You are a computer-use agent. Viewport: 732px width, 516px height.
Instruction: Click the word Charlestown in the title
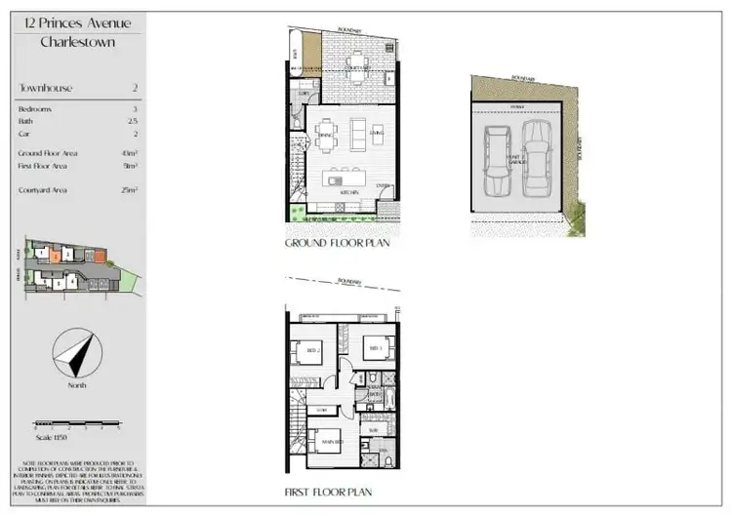click(78, 42)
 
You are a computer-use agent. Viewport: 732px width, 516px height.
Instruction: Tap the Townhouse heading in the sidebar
click(46, 88)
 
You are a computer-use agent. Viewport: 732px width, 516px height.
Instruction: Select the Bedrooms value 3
click(135, 109)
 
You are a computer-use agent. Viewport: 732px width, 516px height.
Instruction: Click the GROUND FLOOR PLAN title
click(337, 243)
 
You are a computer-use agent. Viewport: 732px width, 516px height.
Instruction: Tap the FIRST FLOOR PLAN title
click(328, 493)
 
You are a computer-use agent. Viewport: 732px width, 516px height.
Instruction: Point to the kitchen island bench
click(346, 179)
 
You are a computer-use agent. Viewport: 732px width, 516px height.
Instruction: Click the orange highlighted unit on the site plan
click(57, 256)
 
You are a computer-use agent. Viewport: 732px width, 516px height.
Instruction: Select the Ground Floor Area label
click(47, 153)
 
